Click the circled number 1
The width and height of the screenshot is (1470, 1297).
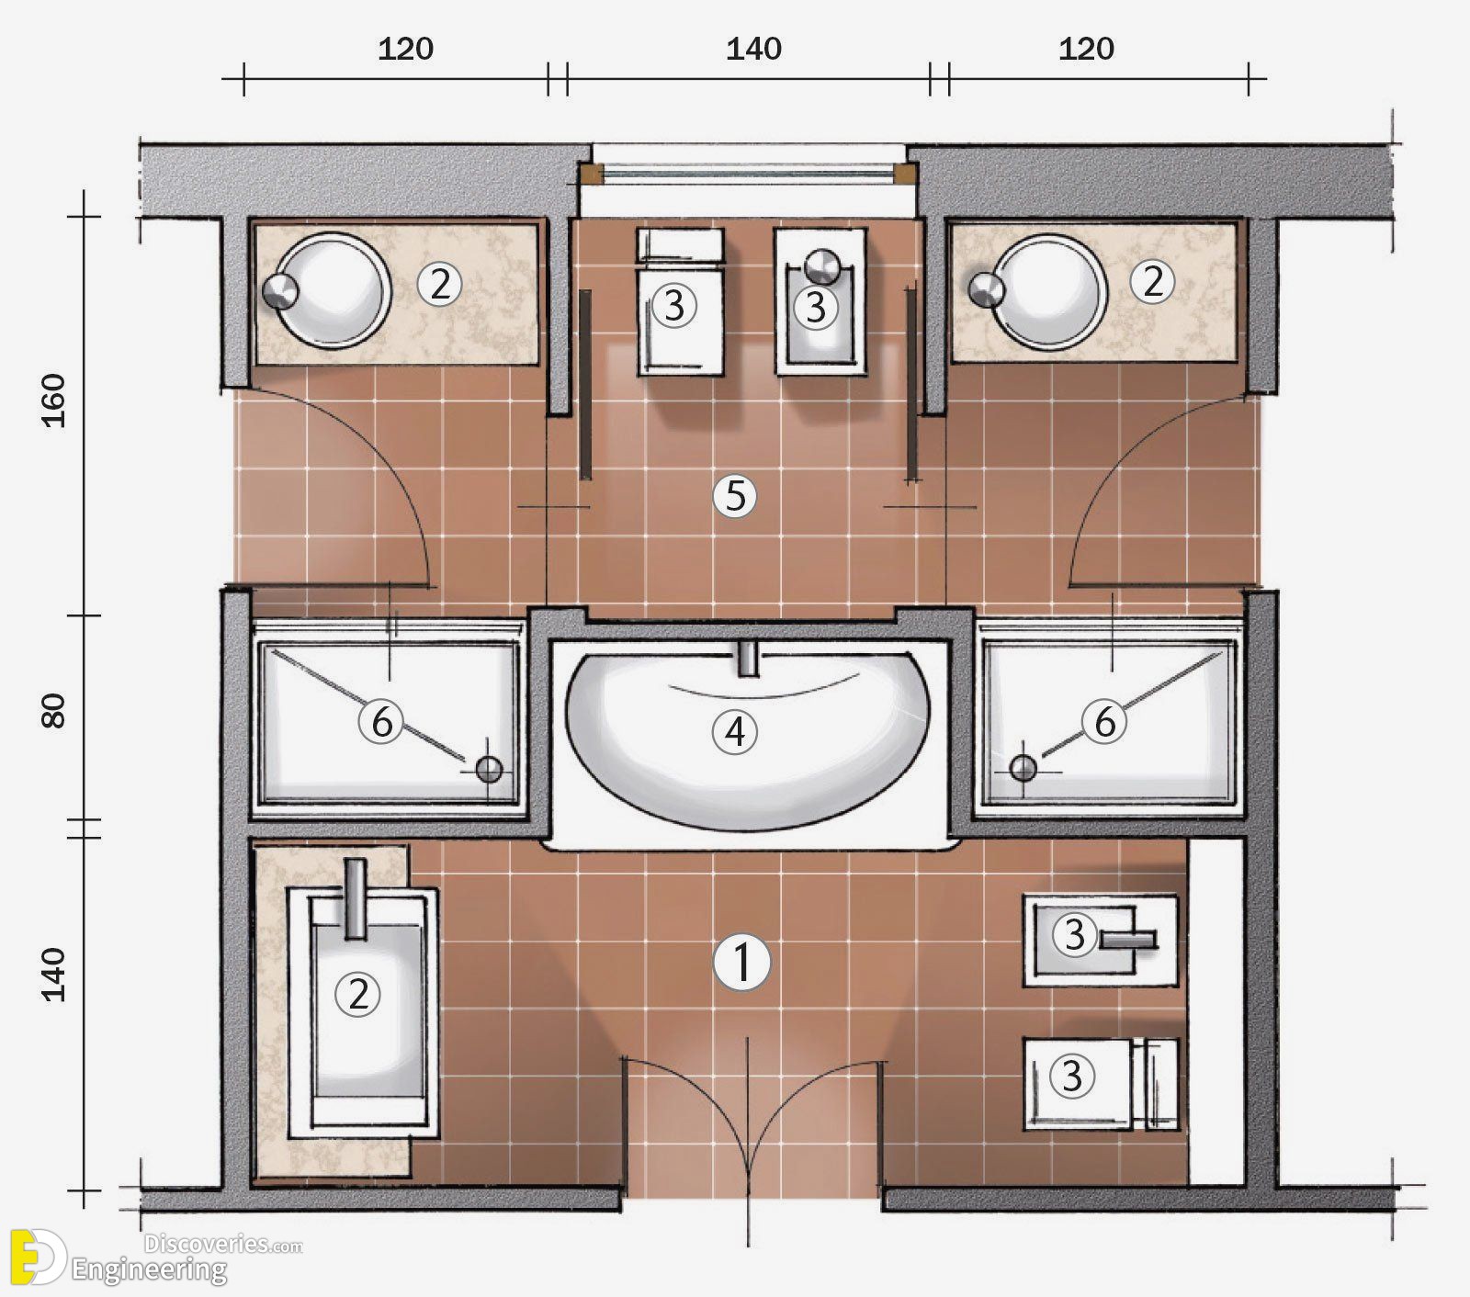(x=741, y=963)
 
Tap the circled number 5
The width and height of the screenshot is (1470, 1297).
(x=735, y=497)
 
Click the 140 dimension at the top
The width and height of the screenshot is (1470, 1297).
(x=753, y=48)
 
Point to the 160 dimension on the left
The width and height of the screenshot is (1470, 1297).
(x=55, y=399)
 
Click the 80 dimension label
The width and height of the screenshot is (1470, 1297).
(x=55, y=710)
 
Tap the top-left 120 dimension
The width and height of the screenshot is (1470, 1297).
(x=405, y=48)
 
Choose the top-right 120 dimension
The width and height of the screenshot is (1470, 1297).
(x=1086, y=48)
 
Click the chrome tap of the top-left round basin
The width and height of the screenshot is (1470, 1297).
(x=280, y=290)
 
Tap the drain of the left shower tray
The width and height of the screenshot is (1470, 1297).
(x=490, y=770)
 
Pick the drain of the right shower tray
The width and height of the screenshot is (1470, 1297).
(x=1023, y=767)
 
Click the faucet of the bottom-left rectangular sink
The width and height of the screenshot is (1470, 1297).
(x=355, y=898)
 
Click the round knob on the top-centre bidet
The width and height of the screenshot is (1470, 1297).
(x=822, y=265)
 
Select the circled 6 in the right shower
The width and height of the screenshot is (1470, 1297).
(x=1104, y=721)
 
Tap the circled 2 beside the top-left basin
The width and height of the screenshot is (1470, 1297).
(x=439, y=285)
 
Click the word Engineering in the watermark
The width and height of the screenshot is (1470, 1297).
(x=150, y=1270)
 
